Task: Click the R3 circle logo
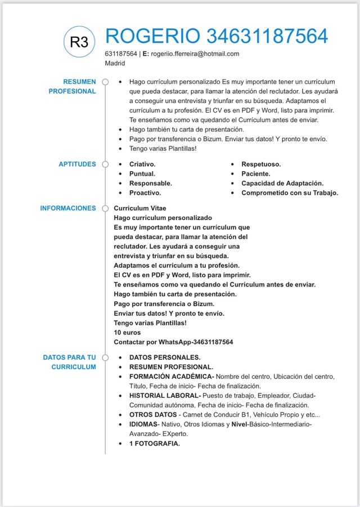tap(80, 42)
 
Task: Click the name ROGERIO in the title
tap(152, 37)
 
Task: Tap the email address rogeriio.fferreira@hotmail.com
tap(195, 54)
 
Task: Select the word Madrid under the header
tap(115, 63)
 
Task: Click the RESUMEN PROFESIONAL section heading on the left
tap(79, 87)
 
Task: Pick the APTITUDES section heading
tap(77, 164)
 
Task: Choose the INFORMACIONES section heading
tap(68, 208)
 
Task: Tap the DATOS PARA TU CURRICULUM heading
tap(69, 362)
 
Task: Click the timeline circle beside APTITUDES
tap(105, 164)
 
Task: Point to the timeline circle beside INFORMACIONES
tap(105, 208)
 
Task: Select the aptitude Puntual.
tap(142, 174)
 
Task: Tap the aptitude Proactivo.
tap(145, 193)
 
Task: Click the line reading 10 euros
tap(127, 333)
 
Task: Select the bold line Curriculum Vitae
tap(140, 208)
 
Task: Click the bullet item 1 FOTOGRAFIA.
tap(155, 444)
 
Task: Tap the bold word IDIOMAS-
tap(144, 424)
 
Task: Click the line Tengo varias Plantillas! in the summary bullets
tap(163, 149)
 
